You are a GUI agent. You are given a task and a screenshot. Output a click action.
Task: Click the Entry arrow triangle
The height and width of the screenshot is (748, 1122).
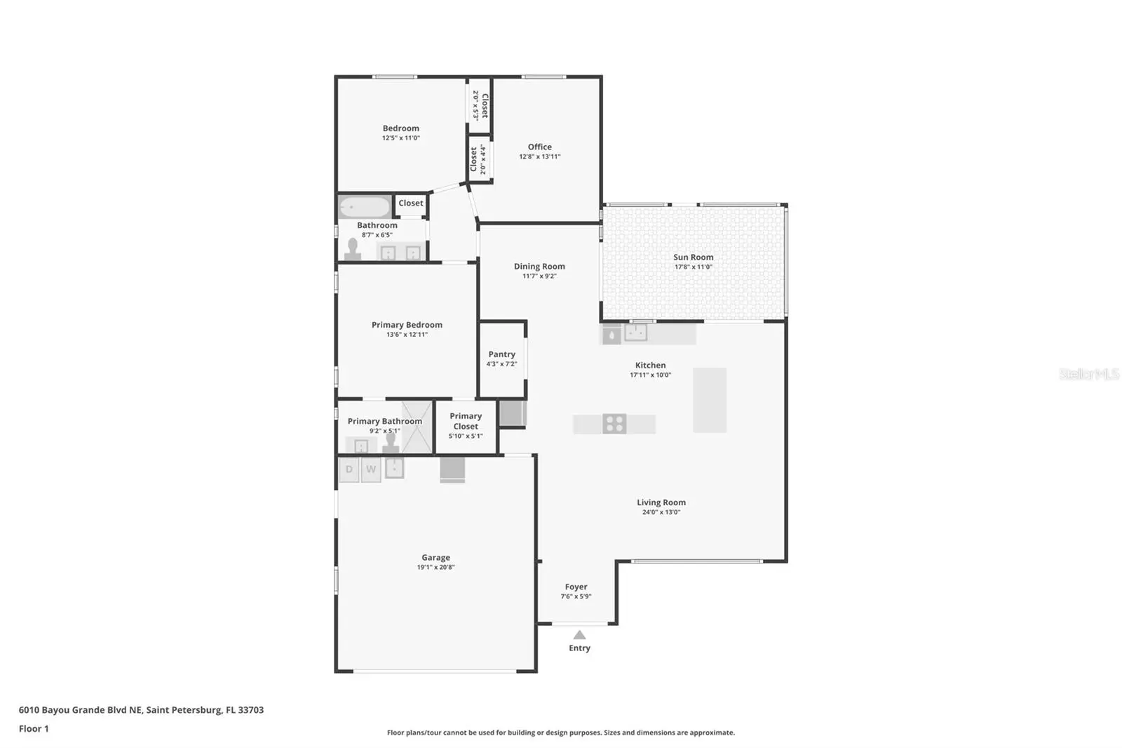click(x=579, y=635)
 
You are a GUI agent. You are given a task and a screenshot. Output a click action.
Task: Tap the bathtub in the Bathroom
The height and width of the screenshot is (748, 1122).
click(x=364, y=206)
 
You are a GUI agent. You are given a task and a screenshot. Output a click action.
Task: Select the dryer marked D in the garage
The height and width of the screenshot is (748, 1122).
click(x=349, y=469)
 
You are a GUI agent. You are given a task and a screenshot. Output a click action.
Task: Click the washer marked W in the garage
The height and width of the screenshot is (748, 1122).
click(x=371, y=469)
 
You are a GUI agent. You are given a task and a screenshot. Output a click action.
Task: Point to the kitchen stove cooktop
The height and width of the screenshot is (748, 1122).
click(x=614, y=424)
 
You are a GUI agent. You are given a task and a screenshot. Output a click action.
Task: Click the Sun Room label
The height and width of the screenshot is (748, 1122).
click(x=694, y=258)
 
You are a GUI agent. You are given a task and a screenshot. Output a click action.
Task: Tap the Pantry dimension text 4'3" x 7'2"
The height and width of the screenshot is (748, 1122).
click(x=501, y=364)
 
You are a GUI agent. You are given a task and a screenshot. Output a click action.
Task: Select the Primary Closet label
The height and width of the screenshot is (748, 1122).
click(x=466, y=421)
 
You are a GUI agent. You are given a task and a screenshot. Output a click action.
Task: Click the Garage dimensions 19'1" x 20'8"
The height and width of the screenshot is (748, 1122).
click(x=435, y=567)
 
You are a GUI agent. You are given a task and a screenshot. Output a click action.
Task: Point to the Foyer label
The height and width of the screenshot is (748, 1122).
click(x=576, y=587)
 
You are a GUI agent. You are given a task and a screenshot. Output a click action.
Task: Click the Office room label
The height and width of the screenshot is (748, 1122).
click(x=539, y=147)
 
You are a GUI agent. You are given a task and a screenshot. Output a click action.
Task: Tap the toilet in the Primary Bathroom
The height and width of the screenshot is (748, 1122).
click(x=391, y=443)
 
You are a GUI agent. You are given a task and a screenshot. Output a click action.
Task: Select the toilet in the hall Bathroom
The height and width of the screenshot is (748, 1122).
click(x=353, y=248)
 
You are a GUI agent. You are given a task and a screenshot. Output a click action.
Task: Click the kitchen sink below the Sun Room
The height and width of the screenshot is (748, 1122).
click(x=635, y=333)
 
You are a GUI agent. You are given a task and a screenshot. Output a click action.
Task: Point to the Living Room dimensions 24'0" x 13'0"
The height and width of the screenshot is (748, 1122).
click(x=661, y=512)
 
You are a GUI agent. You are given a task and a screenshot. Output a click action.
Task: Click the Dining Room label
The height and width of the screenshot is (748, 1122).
click(x=539, y=266)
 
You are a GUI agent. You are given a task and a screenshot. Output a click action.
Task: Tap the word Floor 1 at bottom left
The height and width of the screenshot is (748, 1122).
click(x=34, y=728)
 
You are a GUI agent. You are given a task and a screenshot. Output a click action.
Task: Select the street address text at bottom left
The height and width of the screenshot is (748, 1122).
click(x=141, y=710)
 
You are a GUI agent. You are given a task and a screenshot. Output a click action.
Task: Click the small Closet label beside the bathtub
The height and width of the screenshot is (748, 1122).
click(x=411, y=203)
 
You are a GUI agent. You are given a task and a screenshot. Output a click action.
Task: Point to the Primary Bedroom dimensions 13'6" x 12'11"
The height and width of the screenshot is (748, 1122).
click(x=407, y=335)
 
